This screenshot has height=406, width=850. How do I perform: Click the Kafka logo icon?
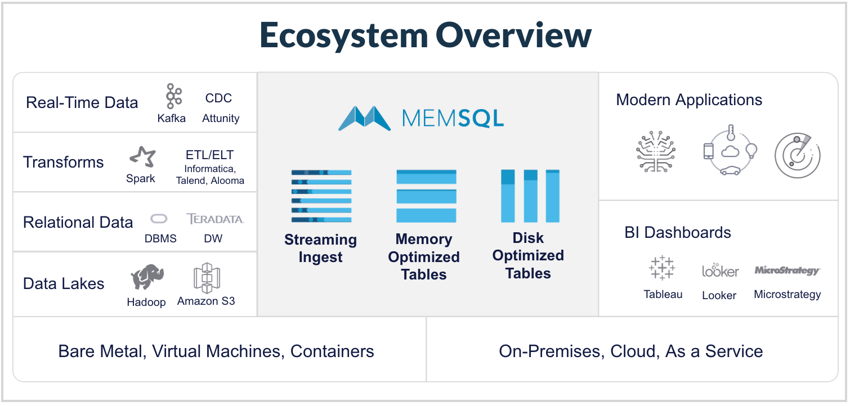pyautogui.click(x=174, y=96)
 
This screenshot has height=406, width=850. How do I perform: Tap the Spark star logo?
pyautogui.click(x=142, y=157)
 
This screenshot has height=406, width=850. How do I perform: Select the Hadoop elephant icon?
pyautogui.click(x=147, y=277)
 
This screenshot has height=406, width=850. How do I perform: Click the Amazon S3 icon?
pyautogui.click(x=207, y=278)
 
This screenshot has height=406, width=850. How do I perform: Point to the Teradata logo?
pyautogui.click(x=215, y=219)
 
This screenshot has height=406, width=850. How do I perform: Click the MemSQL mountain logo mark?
pyautogui.click(x=365, y=118)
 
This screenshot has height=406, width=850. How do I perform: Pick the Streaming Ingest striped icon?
pyautogui.click(x=321, y=196)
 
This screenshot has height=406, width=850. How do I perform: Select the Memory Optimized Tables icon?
pyautogui.click(x=426, y=196)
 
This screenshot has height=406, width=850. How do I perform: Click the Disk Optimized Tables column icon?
pyautogui.click(x=530, y=196)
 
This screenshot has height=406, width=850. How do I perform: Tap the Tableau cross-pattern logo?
pyautogui.click(x=662, y=268)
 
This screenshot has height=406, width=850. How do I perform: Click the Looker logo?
pyautogui.click(x=720, y=270)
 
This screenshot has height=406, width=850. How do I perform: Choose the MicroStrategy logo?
pyautogui.click(x=788, y=270)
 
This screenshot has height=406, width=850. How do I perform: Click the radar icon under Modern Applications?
pyautogui.click(x=798, y=155)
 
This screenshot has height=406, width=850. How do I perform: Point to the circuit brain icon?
pyautogui.click(x=656, y=152)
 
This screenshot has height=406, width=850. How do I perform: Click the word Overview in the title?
pyautogui.click(x=514, y=35)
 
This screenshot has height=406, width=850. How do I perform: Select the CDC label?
pyautogui.click(x=218, y=98)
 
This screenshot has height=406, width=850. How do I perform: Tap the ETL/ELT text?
pyautogui.click(x=209, y=155)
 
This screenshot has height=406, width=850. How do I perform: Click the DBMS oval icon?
pyautogui.click(x=159, y=219)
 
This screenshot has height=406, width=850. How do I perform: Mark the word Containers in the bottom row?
pyautogui.click(x=332, y=351)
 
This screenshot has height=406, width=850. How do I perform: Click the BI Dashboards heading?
pyautogui.click(x=678, y=232)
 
